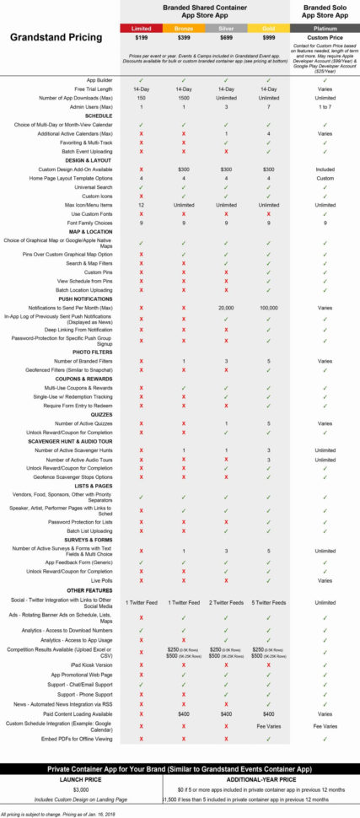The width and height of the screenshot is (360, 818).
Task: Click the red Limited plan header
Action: (x=142, y=28)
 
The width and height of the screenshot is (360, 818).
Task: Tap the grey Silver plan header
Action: (x=226, y=28)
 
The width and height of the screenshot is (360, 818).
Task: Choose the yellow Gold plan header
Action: (x=268, y=28)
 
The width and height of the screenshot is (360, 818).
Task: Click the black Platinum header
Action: (x=325, y=28)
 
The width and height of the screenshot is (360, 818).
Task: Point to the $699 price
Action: (x=226, y=38)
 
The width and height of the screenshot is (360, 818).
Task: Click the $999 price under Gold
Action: (x=268, y=38)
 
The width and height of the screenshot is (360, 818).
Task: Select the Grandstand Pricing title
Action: (x=56, y=37)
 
